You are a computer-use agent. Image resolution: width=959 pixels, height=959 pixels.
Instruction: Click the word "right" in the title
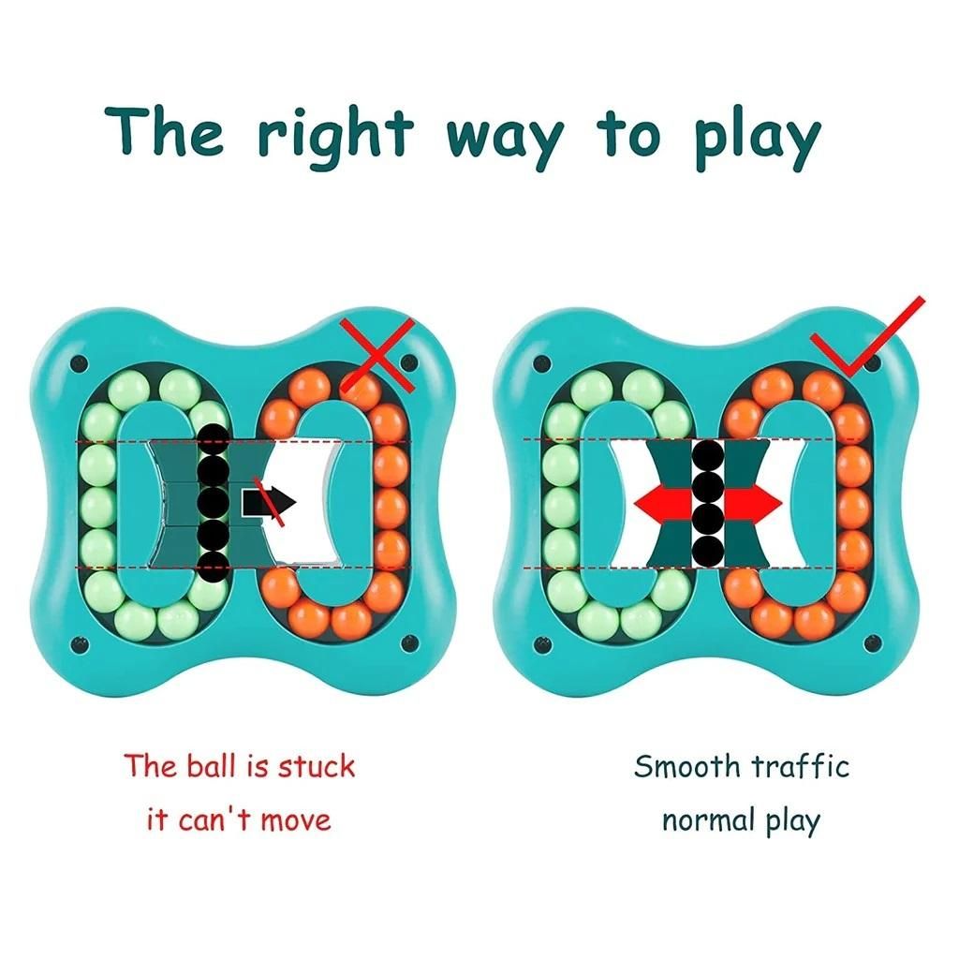click(334, 134)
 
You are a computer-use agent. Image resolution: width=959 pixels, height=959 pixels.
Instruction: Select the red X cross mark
click(377, 353)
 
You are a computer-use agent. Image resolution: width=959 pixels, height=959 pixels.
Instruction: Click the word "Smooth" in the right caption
click(686, 766)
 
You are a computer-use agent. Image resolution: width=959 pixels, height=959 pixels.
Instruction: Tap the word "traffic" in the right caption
click(802, 766)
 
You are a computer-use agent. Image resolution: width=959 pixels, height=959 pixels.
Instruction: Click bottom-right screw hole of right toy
click(872, 642)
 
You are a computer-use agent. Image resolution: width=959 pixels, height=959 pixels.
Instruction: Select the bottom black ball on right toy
click(709, 550)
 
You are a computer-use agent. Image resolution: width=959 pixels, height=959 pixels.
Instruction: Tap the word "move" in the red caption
click(295, 820)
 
